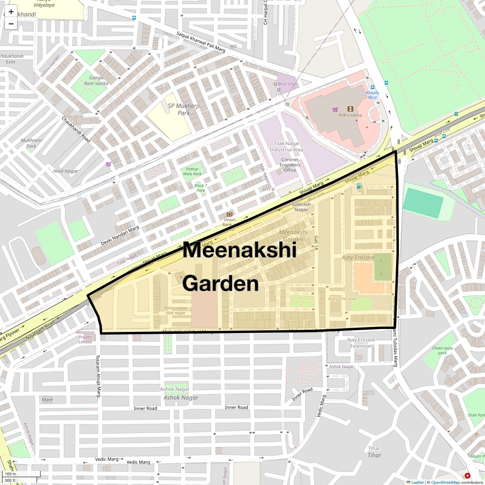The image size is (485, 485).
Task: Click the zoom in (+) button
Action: tap(11, 12)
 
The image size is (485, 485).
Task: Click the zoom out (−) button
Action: tap(11, 24)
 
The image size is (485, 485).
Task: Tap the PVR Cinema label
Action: tap(350, 115)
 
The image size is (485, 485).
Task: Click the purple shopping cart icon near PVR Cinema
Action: tap(335, 109)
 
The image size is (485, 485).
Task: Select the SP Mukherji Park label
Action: tap(183, 109)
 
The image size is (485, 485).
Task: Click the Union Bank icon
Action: tap(229, 214)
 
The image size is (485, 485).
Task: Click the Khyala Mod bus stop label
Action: tap(372, 95)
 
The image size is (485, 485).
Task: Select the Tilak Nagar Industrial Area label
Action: tap(287, 147)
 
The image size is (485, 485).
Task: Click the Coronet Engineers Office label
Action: tap(290, 165)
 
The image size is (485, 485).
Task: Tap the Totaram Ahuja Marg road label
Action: tap(97, 376)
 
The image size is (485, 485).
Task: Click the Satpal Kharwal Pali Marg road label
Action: tap(201, 42)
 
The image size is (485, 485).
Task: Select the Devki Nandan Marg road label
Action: tap(120, 236)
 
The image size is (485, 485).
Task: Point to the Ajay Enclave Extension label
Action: tap(361, 343)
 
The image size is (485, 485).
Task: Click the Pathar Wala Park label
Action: tap(192, 171)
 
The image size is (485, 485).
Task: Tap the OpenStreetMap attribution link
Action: tap(445, 482)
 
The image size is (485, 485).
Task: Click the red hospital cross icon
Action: tap(468, 476)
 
